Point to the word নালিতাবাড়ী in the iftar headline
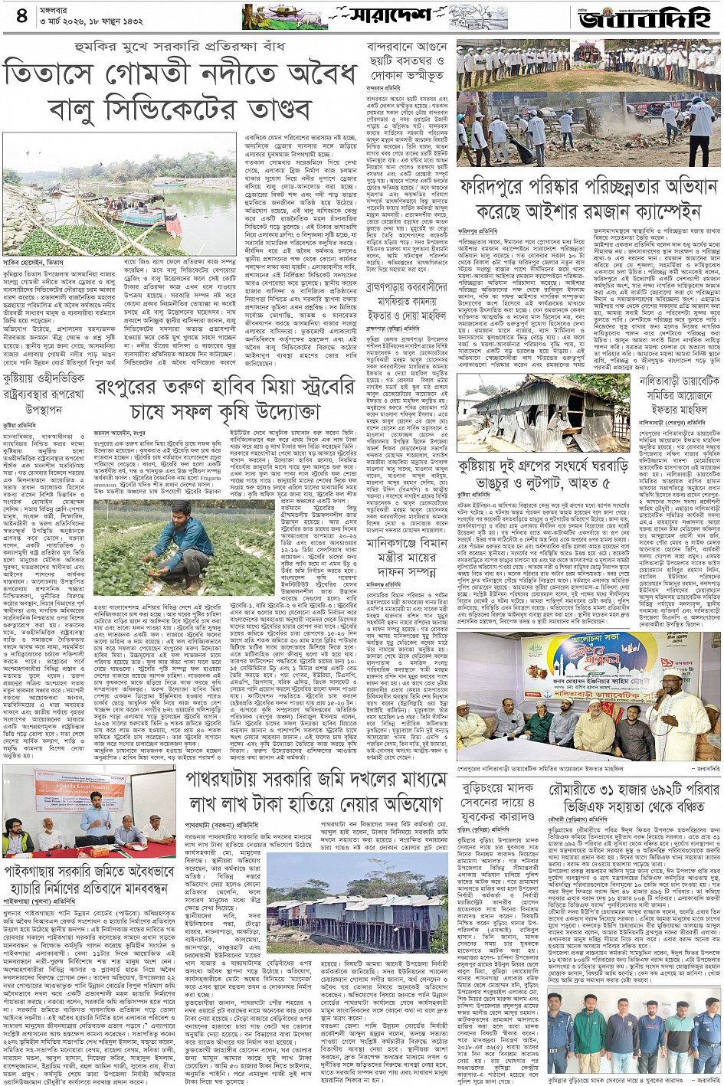(x=663, y=381)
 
